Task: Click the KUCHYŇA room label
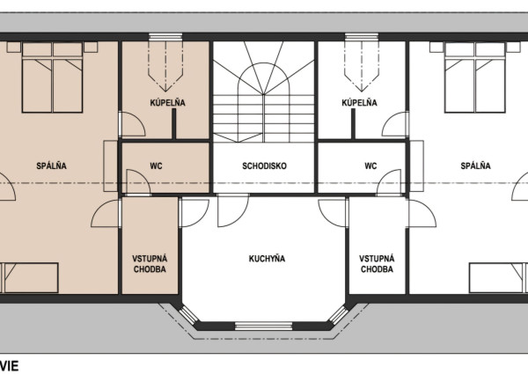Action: click(267, 259)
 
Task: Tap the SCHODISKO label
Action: click(264, 165)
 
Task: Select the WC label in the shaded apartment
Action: click(156, 165)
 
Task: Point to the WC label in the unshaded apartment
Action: click(370, 165)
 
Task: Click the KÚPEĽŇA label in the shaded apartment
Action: click(168, 102)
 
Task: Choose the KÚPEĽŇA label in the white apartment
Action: click(359, 102)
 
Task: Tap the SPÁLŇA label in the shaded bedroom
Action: click(52, 165)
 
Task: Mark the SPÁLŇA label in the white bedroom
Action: click(475, 165)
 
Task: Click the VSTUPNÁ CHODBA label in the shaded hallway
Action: click(150, 264)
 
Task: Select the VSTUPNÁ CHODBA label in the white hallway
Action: click(377, 264)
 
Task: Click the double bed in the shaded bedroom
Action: click(52, 77)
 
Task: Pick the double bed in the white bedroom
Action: click(475, 77)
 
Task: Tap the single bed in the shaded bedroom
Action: click(29, 278)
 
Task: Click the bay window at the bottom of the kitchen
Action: click(263, 326)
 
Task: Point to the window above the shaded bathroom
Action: click(165, 37)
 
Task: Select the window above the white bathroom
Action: click(362, 37)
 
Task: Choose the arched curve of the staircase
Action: click(264, 63)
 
